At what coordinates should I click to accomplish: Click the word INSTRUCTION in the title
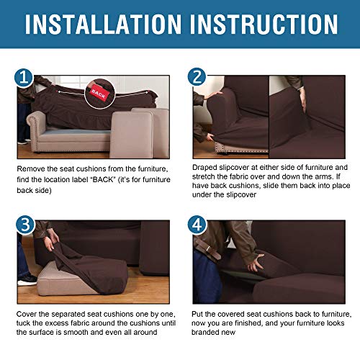(265, 25)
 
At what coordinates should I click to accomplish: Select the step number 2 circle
(197, 77)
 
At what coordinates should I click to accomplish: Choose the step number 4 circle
(197, 224)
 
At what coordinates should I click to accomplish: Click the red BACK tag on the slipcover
(99, 94)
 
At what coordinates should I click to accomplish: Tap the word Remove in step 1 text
(32, 168)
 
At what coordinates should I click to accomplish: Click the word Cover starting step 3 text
(29, 315)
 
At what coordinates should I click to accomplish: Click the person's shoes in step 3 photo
(26, 278)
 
